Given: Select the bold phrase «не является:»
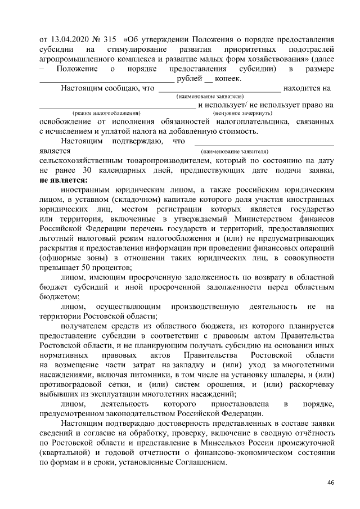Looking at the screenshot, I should (x=64, y=181).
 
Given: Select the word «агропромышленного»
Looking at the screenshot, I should (x=76, y=58).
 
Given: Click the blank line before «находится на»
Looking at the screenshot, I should (x=220, y=88).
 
